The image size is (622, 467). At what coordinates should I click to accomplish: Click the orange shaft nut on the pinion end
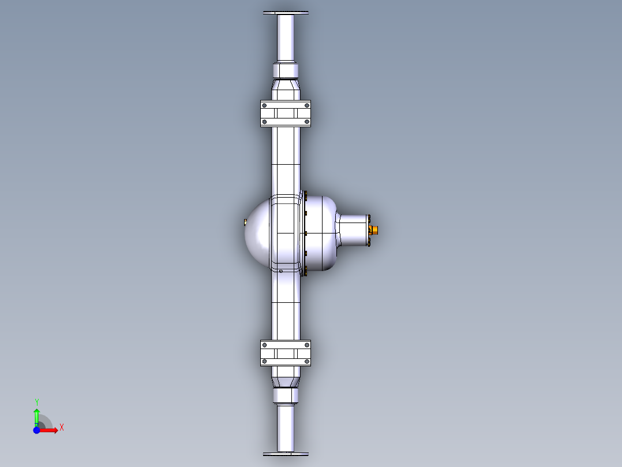coord(374,230)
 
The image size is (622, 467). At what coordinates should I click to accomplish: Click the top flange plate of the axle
coord(286,13)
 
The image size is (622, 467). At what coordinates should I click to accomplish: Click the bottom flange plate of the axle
coord(286,454)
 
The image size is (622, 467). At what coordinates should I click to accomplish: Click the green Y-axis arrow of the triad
coord(36,415)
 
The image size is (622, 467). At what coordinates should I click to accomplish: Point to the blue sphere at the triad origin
coord(36,430)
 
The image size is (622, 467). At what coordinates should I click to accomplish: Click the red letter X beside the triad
coord(61,428)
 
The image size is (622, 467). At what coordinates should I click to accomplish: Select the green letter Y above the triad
coord(36,401)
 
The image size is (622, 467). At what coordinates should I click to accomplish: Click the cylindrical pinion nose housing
coord(353,230)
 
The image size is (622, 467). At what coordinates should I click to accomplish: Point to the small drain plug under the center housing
coord(280,270)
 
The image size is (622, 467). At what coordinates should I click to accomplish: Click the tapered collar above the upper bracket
coord(286,90)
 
